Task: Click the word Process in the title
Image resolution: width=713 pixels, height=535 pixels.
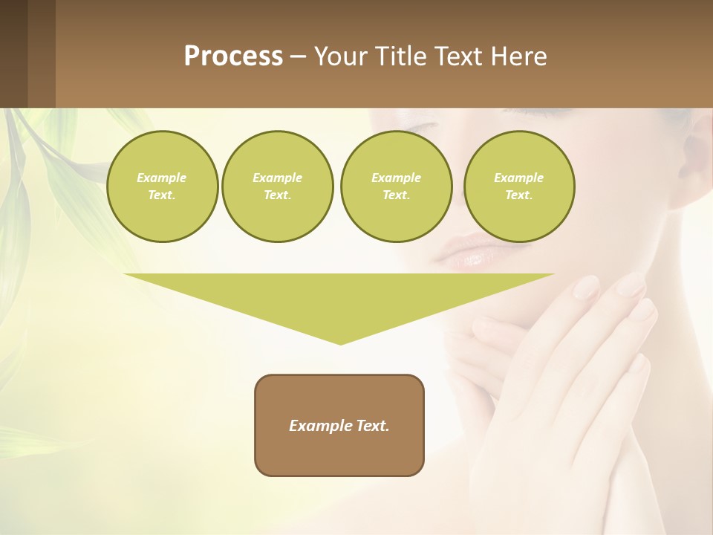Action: point(233,56)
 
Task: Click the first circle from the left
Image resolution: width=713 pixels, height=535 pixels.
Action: point(162,187)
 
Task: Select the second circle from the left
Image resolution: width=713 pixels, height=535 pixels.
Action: point(277,187)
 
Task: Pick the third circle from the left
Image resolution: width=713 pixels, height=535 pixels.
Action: point(396,187)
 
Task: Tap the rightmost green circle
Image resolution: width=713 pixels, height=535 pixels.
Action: point(518,187)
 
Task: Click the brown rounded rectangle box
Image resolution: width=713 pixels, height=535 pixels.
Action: point(339,425)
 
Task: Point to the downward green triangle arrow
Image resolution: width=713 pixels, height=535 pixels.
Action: point(339,297)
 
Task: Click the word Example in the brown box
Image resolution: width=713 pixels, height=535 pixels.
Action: point(321,426)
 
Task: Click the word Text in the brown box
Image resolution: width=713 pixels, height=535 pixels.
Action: point(373,426)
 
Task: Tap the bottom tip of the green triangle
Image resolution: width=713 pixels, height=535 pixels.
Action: point(340,343)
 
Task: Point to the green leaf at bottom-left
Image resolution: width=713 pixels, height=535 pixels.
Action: point(30,442)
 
